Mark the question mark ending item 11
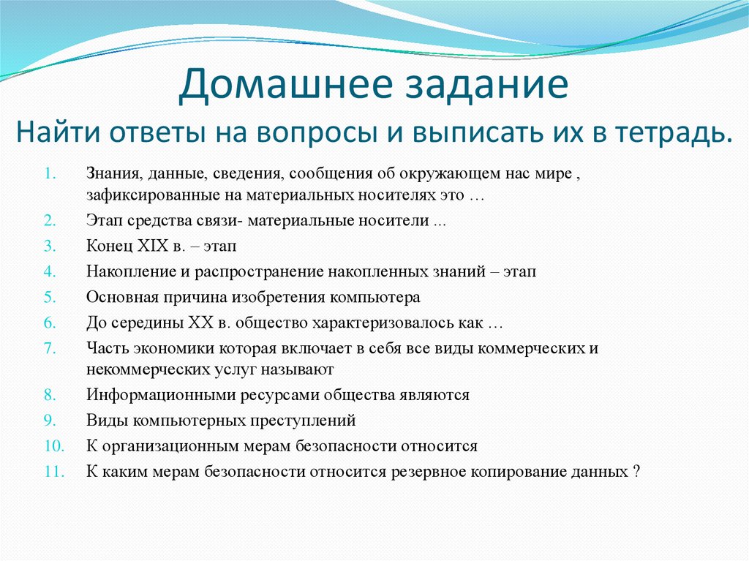[636, 472]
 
